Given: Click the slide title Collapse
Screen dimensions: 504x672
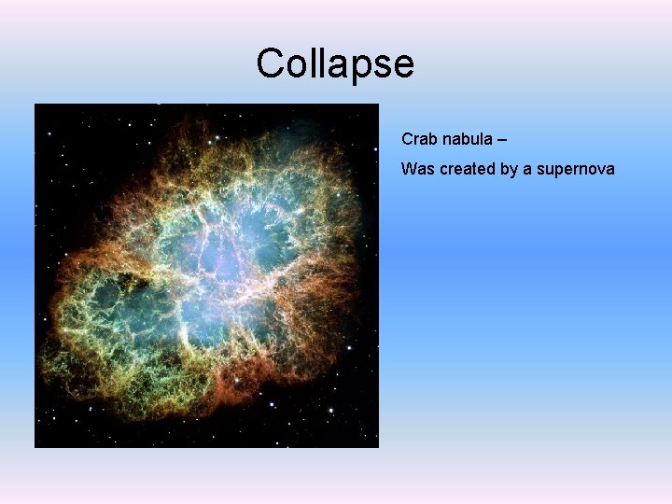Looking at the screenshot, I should pos(335,64).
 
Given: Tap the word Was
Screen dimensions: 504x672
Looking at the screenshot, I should pos(415,170).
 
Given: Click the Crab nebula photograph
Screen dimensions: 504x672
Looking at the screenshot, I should pos(206,275).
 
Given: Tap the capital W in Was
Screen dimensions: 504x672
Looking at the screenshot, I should pos(408,170).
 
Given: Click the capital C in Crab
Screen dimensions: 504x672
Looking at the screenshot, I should pos(407,139).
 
